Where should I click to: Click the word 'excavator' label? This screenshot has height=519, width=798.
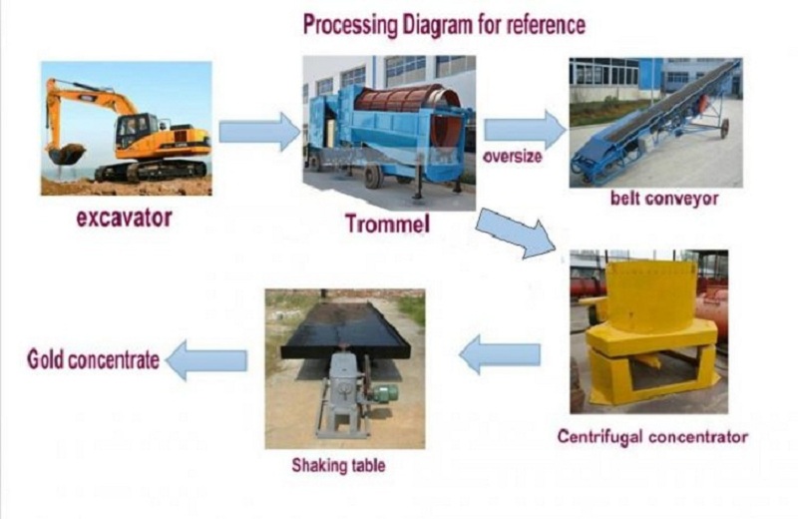pyautogui.click(x=124, y=218)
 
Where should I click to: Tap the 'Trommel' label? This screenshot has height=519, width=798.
pyautogui.click(x=387, y=224)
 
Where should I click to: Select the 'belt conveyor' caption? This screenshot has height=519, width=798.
pyautogui.click(x=664, y=199)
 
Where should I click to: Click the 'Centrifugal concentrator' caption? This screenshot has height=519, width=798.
pyautogui.click(x=652, y=437)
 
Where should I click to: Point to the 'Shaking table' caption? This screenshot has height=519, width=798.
pyautogui.click(x=338, y=465)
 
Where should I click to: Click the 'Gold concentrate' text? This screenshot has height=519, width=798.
pyautogui.click(x=93, y=359)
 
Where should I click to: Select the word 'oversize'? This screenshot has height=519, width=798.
pyautogui.click(x=512, y=157)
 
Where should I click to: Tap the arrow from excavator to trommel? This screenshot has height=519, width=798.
pyautogui.click(x=259, y=132)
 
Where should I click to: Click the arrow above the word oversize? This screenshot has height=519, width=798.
pyautogui.click(x=526, y=130)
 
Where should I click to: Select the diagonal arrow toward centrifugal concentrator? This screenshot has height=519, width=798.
pyautogui.click(x=516, y=233)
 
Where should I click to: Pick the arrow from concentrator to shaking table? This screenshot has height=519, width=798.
pyautogui.click(x=500, y=354)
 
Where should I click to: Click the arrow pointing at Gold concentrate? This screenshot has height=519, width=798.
pyautogui.click(x=206, y=360)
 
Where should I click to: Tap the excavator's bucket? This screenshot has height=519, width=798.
pyautogui.click(x=65, y=154)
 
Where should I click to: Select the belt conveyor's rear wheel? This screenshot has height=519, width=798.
pyautogui.click(x=725, y=129)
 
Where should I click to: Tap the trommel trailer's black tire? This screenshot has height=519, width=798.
pyautogui.click(x=374, y=177)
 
